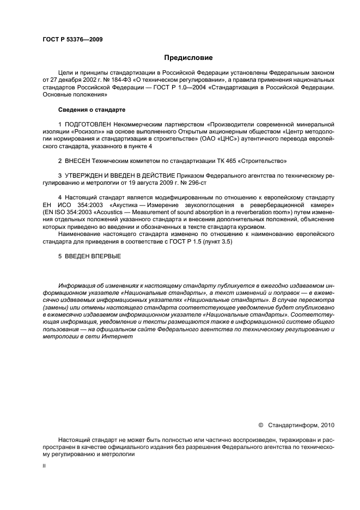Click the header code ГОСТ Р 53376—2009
click(x=72, y=39)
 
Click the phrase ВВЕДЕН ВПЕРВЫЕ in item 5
click(x=93, y=256)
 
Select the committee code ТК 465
click(x=204, y=162)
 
